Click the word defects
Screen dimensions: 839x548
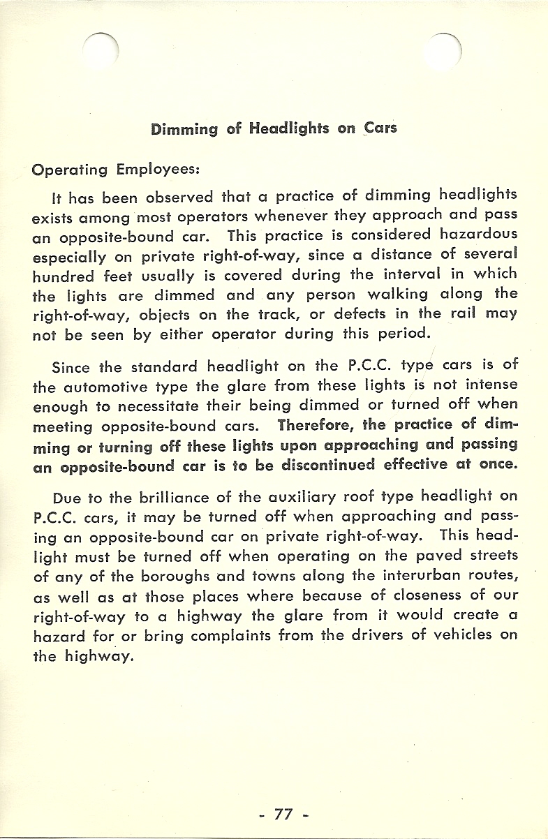(x=341, y=313)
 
